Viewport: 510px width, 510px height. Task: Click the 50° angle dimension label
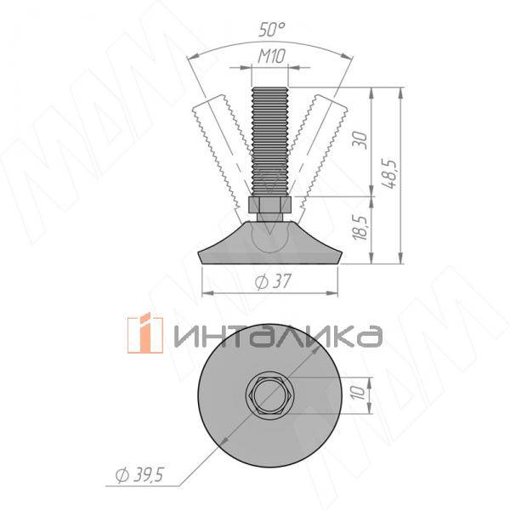tap(271, 29)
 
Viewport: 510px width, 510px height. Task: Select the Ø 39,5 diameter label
tap(139, 474)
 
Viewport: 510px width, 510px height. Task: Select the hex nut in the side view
tap(271, 205)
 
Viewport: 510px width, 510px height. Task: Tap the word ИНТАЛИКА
tap(276, 337)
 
